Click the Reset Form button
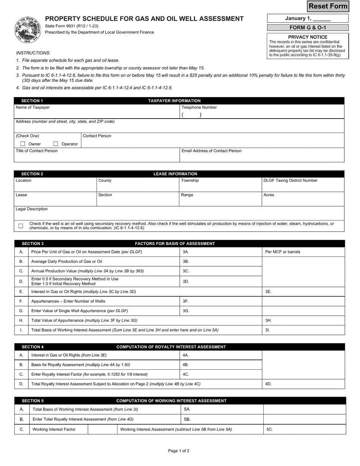pyautogui.click(x=327, y=6)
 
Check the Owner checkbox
pyautogui.click(x=23, y=144)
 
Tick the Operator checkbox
pyautogui.click(x=56, y=144)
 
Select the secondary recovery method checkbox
pyautogui.click(x=21, y=226)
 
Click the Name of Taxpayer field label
pyautogui.click(x=33, y=107)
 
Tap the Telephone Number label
pyautogui.click(x=199, y=107)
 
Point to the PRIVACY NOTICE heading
pyautogui.click(x=308, y=37)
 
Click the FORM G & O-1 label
pyautogui.click(x=308, y=28)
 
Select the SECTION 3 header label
pyautogui.click(x=33, y=244)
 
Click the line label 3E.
pyautogui.click(x=268, y=292)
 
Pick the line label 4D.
pyautogui.click(x=268, y=384)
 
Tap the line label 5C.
pyautogui.click(x=269, y=429)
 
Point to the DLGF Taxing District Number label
pyautogui.click(x=290, y=180)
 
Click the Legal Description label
pyautogui.click(x=31, y=209)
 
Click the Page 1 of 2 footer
pyautogui.click(x=178, y=451)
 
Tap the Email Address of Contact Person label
pyautogui.click(x=211, y=151)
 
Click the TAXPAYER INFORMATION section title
pyautogui.click(x=174, y=101)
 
